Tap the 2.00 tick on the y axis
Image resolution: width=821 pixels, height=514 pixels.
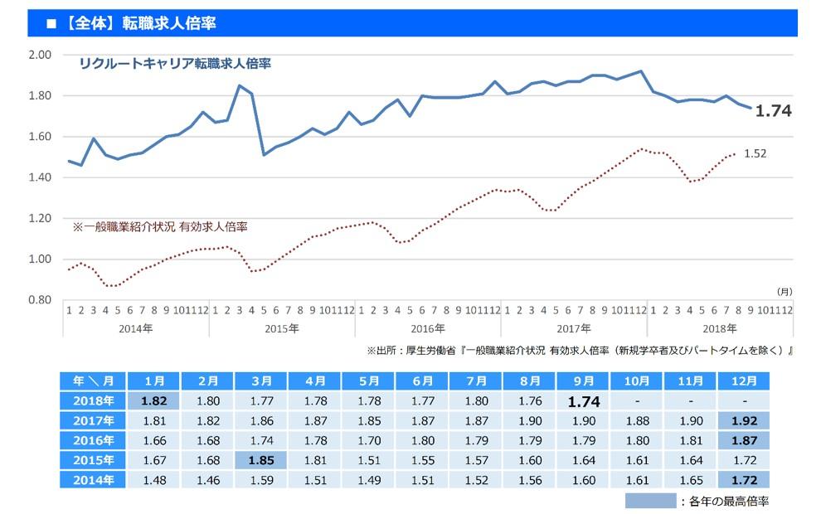(41, 55)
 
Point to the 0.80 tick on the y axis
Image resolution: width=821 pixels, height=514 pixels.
(41, 300)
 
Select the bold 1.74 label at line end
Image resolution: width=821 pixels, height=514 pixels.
(773, 111)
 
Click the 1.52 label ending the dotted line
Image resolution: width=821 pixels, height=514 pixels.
(755, 153)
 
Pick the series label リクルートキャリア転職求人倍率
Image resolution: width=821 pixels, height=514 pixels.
(175, 63)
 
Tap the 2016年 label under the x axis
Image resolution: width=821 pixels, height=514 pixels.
(428, 328)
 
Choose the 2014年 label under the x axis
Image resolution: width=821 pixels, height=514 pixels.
(136, 328)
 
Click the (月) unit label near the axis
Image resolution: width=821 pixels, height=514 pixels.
(784, 292)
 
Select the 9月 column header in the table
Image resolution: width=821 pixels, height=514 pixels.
(584, 381)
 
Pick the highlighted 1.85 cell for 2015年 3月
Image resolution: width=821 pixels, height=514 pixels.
(261, 459)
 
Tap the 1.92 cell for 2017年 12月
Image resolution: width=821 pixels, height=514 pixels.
(745, 419)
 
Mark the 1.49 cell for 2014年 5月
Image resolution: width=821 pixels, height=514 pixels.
(369, 479)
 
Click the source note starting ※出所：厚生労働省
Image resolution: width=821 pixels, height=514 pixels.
(579, 351)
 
